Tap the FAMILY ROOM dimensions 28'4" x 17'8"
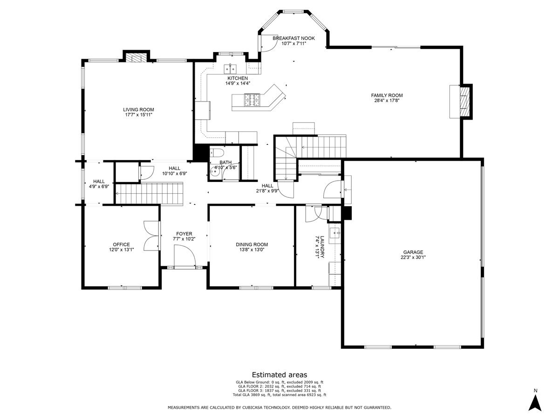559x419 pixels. pyautogui.click(x=387, y=101)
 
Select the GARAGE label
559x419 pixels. pyautogui.click(x=413, y=252)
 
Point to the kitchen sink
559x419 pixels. pyautogui.click(x=231, y=68)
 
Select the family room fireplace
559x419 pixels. pyautogui.click(x=464, y=101)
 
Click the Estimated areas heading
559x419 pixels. pyautogui.click(x=279, y=374)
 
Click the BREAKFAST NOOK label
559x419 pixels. pyautogui.click(x=293, y=38)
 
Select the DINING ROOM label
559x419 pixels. pyautogui.click(x=252, y=244)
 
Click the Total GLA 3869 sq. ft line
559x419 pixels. pyautogui.click(x=279, y=395)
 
